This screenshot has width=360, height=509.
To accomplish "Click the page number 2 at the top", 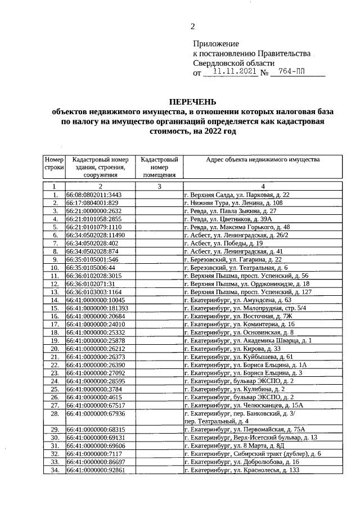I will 192,26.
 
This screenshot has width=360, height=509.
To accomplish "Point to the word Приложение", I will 216,43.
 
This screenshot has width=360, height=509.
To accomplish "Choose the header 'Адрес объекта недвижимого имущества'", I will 263,160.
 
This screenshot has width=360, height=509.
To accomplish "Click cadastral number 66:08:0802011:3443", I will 94,195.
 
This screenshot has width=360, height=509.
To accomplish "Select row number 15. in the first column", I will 54,308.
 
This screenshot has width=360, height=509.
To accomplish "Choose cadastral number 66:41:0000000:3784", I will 92,389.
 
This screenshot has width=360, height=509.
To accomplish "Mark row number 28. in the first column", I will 54,413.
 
